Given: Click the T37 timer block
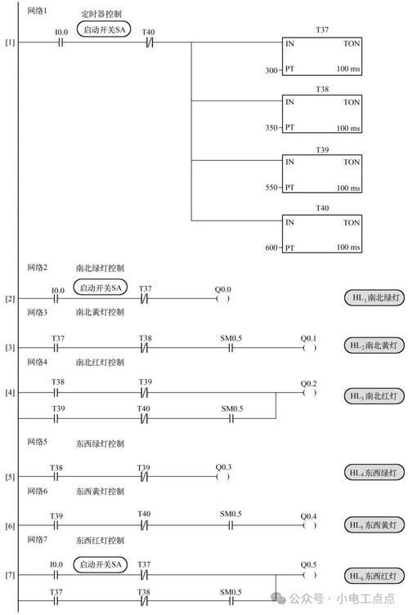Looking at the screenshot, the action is tap(321, 56).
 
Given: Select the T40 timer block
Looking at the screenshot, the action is tap(321, 234).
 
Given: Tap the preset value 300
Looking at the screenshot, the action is tap(271, 70).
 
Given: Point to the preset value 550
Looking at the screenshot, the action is tap(271, 188).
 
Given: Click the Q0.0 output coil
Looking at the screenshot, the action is tap(222, 299).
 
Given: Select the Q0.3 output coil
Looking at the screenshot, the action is tap(222, 477).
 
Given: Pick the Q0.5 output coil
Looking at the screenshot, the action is tap(309, 575).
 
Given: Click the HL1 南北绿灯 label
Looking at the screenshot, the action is tap(374, 297).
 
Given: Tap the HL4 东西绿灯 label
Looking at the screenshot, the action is tap(374, 473).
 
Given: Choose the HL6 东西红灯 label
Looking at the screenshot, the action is tap(374, 576).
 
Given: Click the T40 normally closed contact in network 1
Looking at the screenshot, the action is tap(149, 42).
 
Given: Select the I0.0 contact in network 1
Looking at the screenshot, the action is tap(61, 42).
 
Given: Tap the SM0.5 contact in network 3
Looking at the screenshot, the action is tap(231, 348).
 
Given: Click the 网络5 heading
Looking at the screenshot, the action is tap(38, 442).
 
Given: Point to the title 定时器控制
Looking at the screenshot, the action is tap(101, 14).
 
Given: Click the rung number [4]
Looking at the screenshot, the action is tap(10, 392).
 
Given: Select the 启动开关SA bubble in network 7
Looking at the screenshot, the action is tap(101, 565).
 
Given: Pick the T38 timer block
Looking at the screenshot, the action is tap(321, 114).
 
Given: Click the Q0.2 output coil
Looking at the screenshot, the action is tap(309, 393).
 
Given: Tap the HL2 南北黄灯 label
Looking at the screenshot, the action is tap(374, 345).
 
